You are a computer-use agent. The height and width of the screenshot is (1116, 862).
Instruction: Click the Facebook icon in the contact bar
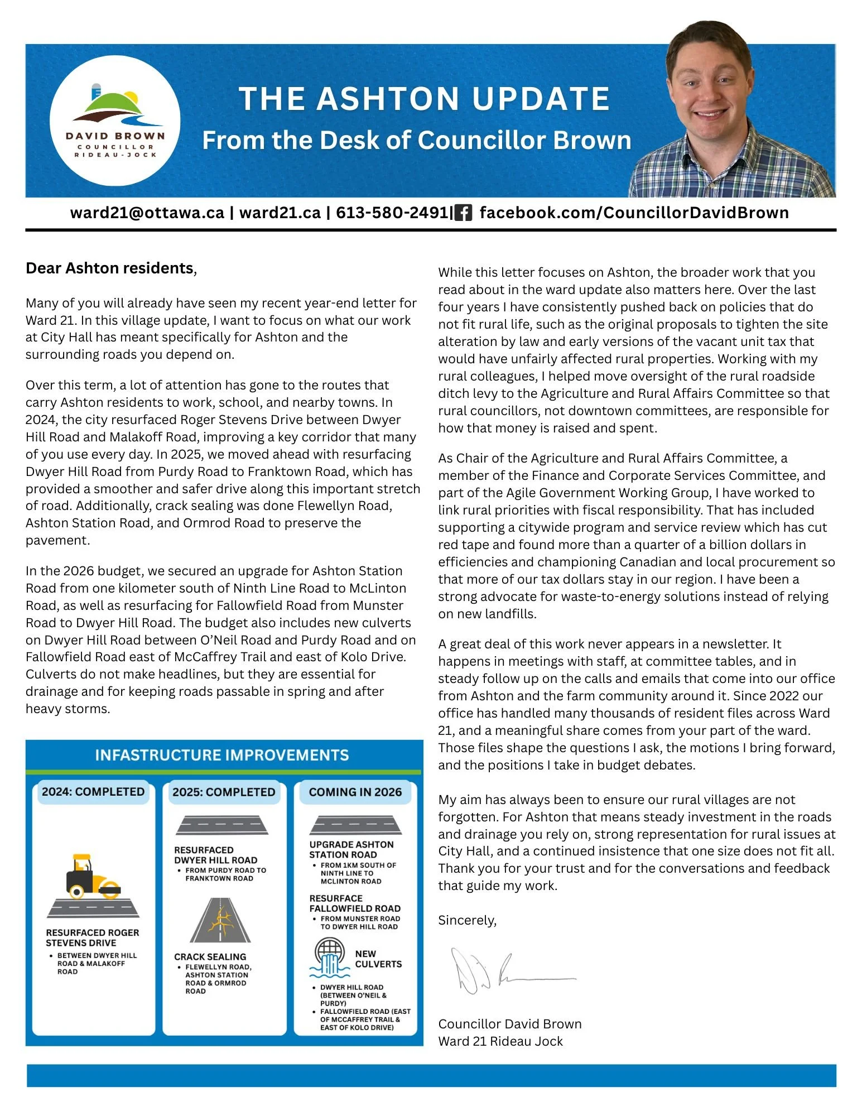(x=463, y=213)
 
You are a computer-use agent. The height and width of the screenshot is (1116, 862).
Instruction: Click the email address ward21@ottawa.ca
(x=147, y=213)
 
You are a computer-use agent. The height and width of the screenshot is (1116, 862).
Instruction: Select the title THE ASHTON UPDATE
(x=424, y=99)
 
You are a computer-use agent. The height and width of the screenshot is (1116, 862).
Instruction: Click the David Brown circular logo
(x=115, y=121)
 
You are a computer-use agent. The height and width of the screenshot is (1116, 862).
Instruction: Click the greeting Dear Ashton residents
(x=110, y=268)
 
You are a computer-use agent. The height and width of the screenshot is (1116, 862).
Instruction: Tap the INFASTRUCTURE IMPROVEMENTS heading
(x=222, y=755)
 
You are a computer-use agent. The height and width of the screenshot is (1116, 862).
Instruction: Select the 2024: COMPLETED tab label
(x=93, y=791)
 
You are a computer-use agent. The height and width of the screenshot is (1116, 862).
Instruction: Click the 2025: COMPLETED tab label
(x=224, y=792)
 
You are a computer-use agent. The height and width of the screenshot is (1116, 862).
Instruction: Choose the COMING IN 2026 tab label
(x=355, y=792)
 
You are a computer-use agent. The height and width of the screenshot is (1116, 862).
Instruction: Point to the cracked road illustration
(x=220, y=921)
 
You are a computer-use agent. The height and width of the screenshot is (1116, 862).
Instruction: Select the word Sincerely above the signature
(x=467, y=920)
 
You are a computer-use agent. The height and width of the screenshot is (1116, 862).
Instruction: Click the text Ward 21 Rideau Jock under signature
(x=500, y=1041)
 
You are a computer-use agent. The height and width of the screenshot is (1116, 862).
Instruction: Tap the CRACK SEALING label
(x=210, y=956)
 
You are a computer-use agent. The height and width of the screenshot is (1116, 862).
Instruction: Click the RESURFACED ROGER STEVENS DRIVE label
(x=93, y=937)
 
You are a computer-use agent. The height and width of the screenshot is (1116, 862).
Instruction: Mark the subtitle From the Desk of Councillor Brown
(x=416, y=140)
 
